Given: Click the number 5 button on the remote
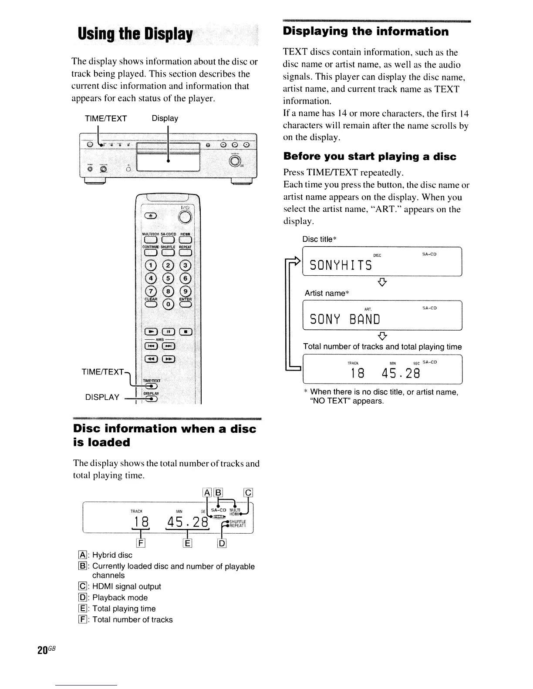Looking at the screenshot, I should tap(168, 278).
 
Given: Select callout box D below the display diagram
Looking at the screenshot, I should tap(221, 542).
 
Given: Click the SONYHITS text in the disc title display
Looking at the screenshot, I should tap(341, 265).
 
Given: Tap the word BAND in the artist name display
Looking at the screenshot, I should tap(365, 320).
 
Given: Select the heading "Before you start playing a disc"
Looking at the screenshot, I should tap(370, 157).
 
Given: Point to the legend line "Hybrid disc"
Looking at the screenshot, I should tap(112, 555).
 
